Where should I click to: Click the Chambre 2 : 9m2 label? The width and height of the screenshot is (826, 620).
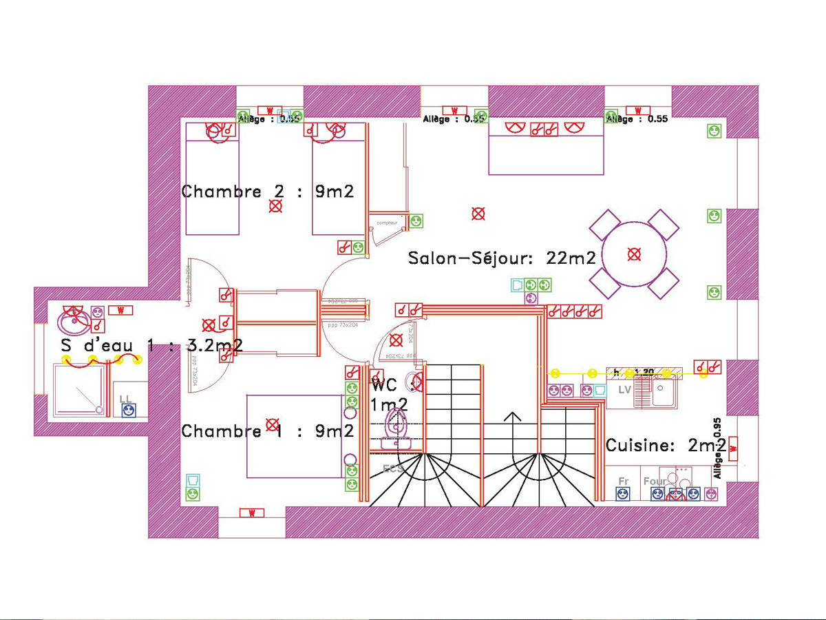tap(267, 191)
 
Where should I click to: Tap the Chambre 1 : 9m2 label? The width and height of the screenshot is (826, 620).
tap(267, 431)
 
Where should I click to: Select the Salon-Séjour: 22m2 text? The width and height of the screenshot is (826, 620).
tap(502, 258)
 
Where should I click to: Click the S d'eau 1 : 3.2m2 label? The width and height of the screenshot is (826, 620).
tap(151, 344)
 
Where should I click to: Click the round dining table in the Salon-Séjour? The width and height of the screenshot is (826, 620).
tap(634, 254)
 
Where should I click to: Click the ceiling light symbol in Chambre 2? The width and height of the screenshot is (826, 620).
tap(275, 206)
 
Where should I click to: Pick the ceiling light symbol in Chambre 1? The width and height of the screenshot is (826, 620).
tap(272, 424)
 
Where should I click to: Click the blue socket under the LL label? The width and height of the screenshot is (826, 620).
tap(128, 411)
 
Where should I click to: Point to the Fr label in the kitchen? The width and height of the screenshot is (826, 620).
tap(624, 481)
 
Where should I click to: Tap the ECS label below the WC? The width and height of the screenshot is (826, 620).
tap(393, 468)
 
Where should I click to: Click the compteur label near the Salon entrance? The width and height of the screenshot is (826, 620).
tap(387, 223)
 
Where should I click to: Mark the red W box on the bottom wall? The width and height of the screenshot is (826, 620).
tap(252, 513)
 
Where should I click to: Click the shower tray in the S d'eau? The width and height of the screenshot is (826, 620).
tap(81, 389)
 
